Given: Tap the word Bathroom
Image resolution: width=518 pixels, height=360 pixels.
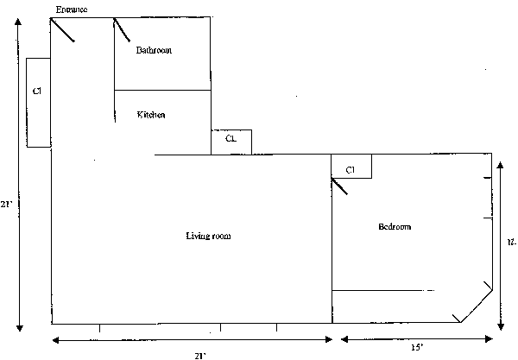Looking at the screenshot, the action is [154, 50].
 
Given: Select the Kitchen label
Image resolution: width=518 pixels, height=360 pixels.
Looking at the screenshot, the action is [151, 115].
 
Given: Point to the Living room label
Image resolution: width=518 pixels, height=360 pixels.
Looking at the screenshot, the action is [208, 236].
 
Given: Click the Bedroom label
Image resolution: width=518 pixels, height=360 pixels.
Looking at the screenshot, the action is [395, 227].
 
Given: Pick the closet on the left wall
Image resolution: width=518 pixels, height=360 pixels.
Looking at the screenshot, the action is [38, 102].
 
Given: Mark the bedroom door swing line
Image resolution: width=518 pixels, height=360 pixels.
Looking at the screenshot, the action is [339, 186].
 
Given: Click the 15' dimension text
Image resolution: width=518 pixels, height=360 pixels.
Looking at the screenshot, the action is [416, 347].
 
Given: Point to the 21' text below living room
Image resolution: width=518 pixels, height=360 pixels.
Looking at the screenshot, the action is [199, 354].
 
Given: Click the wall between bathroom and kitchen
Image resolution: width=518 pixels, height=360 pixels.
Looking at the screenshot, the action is [162, 90].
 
